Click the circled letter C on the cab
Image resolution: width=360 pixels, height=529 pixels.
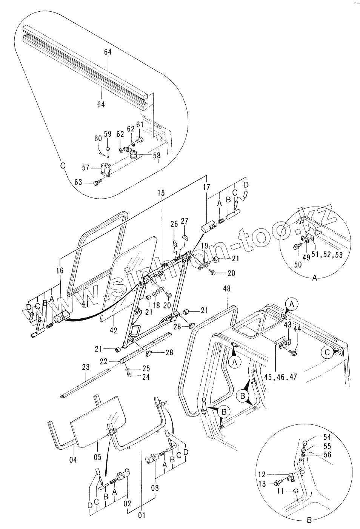tap(328, 352)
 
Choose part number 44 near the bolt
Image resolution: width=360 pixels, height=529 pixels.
tap(297, 329)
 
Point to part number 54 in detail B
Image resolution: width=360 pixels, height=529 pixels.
tap(327, 437)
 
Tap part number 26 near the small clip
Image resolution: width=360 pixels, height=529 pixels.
tap(174, 224)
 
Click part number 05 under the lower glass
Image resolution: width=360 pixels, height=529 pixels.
tap(97, 457)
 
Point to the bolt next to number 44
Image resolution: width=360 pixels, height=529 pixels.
tap(294, 353)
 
